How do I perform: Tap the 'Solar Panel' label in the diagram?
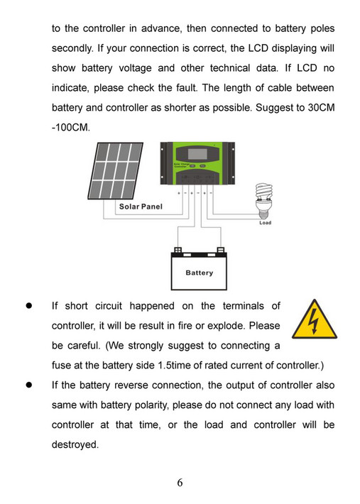click(141, 207)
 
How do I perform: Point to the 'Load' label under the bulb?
click(264, 223)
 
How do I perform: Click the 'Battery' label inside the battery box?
click(199, 273)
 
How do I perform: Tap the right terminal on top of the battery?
click(221, 250)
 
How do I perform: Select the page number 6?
click(180, 483)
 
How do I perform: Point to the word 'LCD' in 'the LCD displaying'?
click(261, 50)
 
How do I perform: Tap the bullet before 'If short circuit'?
click(30, 306)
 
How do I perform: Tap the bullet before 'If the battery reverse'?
click(30, 385)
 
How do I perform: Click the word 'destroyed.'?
click(75, 445)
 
